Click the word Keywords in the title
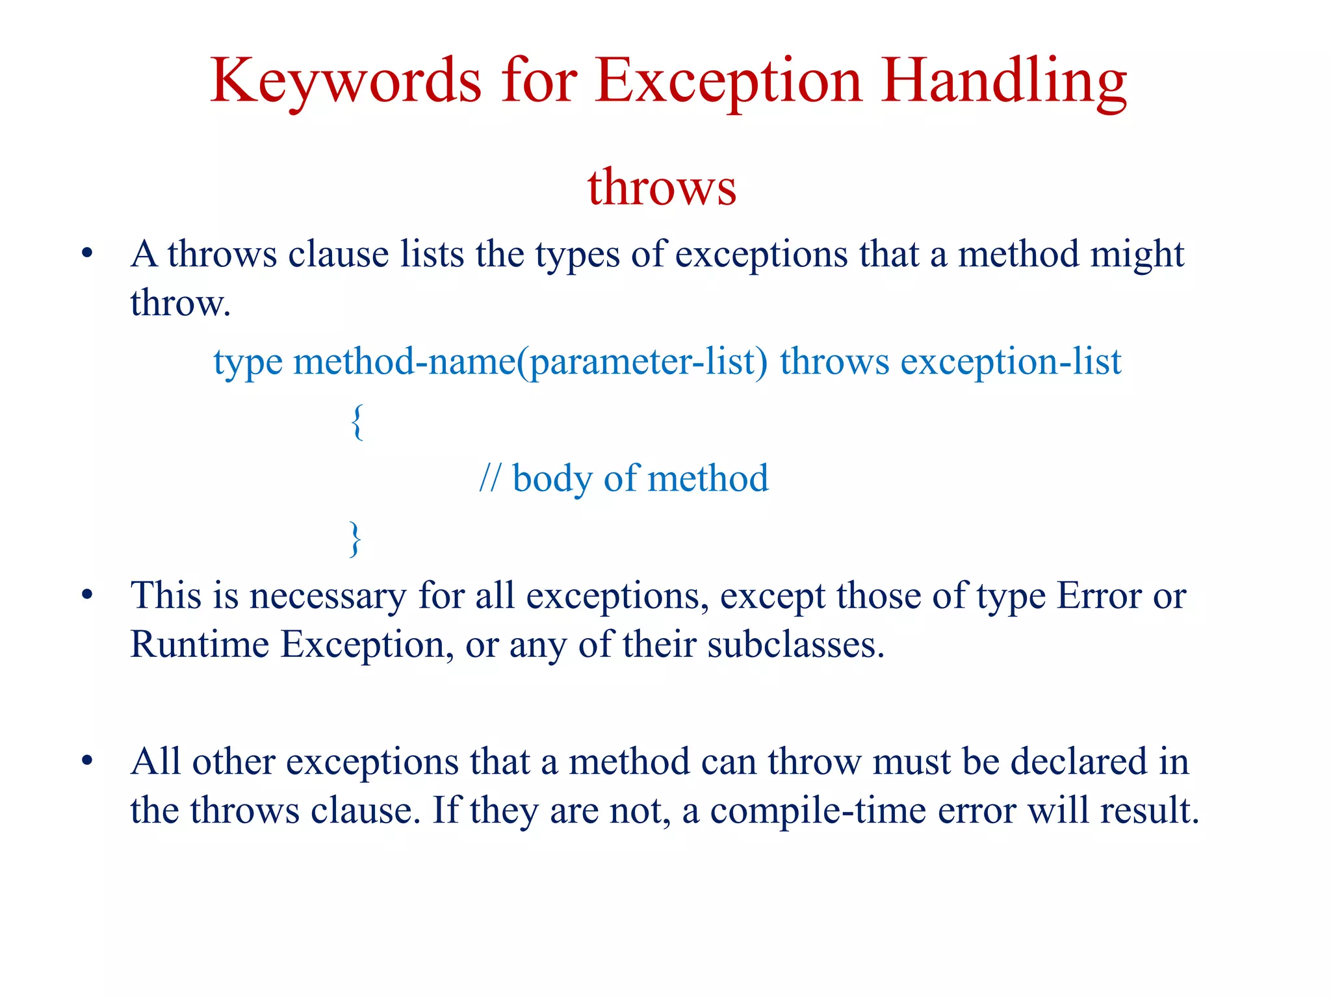(x=346, y=82)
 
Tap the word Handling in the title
(x=1003, y=82)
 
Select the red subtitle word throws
(x=662, y=187)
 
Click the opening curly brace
(x=357, y=422)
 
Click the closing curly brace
(x=355, y=538)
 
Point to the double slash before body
(x=490, y=478)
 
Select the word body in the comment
(x=552, y=480)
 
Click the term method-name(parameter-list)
(x=530, y=362)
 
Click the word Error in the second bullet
(x=1099, y=595)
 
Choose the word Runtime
(x=200, y=645)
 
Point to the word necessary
(x=328, y=596)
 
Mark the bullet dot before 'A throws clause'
(x=88, y=253)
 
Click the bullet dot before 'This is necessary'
(x=88, y=595)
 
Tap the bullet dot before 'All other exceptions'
(x=88, y=761)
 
